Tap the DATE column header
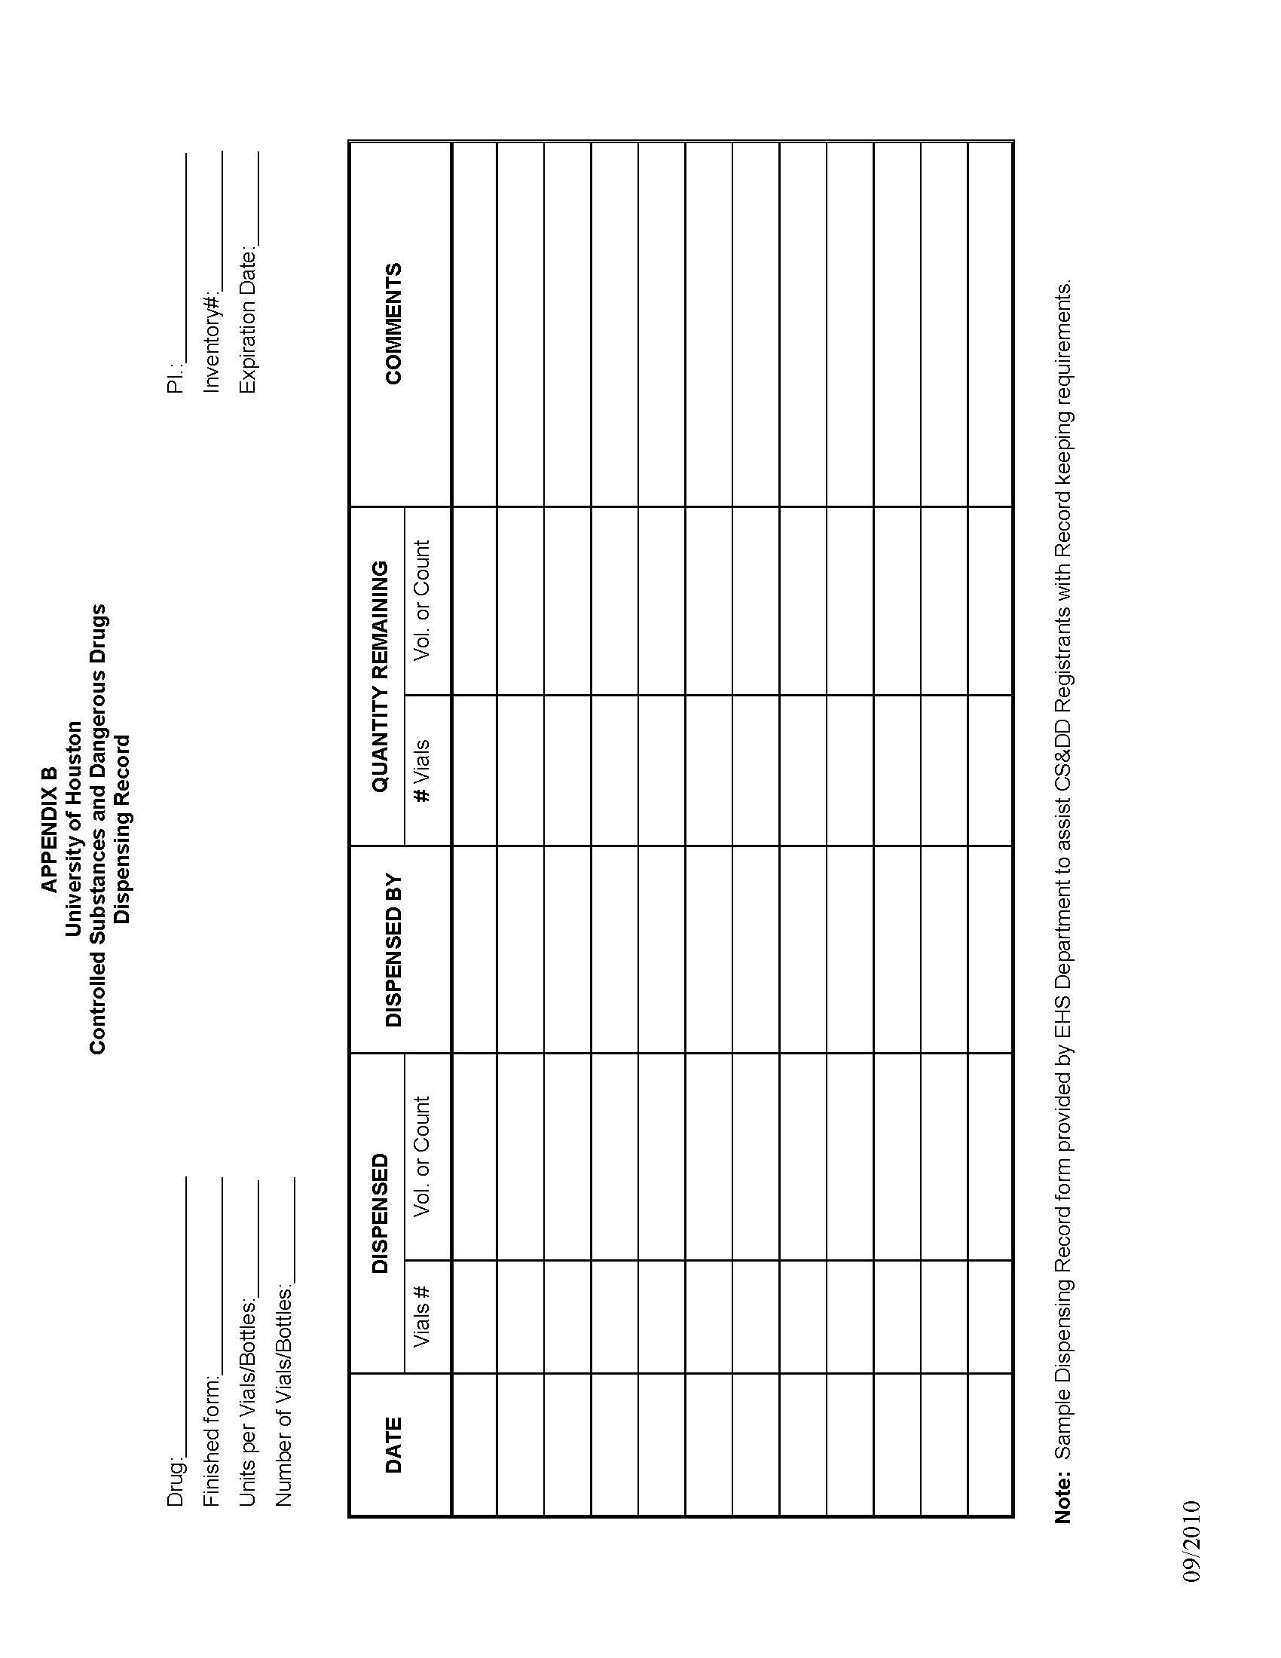[393, 1445]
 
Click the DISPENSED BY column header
[393, 950]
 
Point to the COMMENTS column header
[393, 323]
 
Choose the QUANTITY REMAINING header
[379, 677]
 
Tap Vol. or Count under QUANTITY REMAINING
[422, 600]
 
